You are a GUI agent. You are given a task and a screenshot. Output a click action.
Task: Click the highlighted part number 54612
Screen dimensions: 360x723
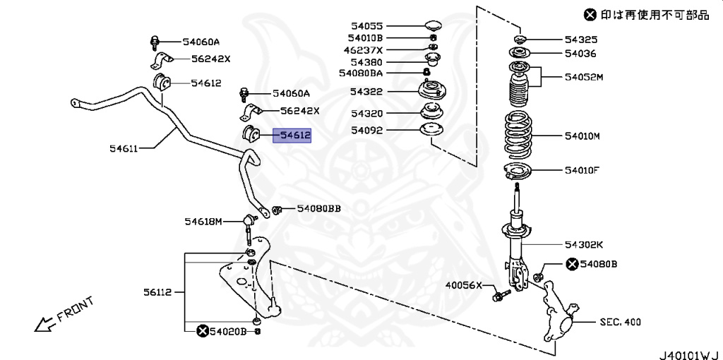[292, 134]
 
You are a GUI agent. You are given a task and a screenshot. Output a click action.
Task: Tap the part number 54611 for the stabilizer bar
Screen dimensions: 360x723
[124, 148]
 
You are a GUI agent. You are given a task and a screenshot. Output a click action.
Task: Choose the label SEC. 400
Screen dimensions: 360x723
[621, 322]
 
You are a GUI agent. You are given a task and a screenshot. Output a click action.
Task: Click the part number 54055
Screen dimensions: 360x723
[365, 25]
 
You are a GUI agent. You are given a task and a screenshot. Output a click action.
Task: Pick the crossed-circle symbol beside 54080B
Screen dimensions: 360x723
[570, 264]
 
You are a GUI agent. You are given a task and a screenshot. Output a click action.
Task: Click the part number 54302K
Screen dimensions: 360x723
[583, 244]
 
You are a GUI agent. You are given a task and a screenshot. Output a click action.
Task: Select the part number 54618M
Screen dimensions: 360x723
[203, 222]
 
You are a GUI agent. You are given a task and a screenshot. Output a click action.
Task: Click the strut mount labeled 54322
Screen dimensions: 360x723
[429, 91]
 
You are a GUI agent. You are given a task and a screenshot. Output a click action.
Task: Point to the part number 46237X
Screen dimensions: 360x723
[363, 50]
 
